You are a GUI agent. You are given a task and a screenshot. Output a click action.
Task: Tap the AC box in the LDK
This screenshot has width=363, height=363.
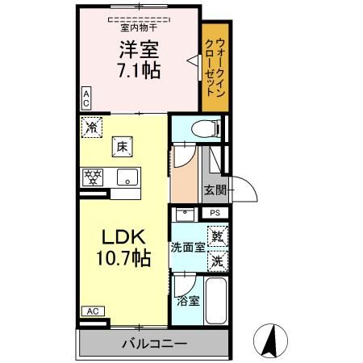(x=93, y=311)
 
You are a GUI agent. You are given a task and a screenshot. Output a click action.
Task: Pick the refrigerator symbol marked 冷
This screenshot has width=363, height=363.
(x=92, y=126)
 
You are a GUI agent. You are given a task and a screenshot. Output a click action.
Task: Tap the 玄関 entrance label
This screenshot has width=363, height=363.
(x=215, y=191)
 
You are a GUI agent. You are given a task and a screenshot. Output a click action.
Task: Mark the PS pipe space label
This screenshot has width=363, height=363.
(x=215, y=212)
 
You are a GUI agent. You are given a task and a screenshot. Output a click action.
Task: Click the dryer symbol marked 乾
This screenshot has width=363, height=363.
(x=217, y=237)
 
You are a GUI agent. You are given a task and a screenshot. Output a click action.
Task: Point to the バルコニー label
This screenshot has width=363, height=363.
(x=154, y=343)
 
